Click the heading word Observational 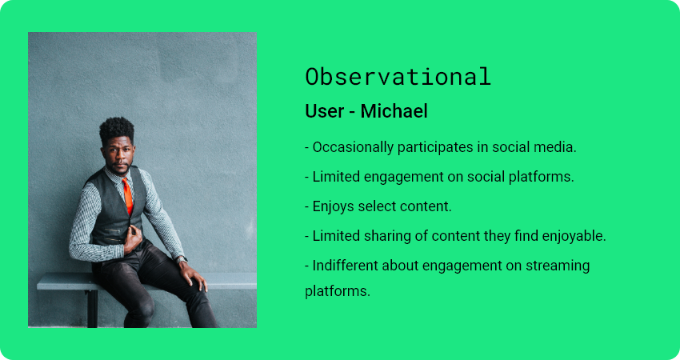click(398, 77)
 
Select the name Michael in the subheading click(394, 111)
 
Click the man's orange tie click(127, 196)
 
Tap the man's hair click(116, 129)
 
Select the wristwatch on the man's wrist click(182, 259)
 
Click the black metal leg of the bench click(92, 308)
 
